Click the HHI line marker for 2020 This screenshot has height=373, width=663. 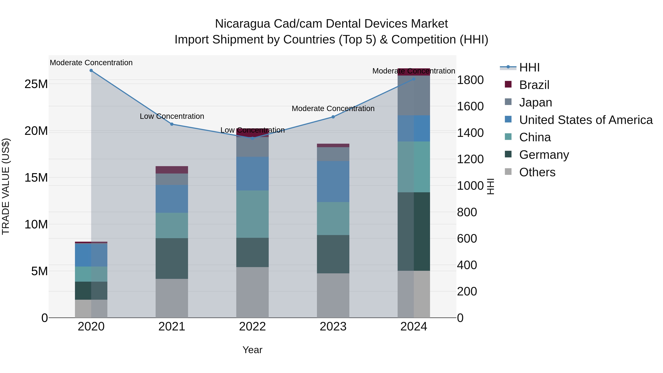[x=91, y=71]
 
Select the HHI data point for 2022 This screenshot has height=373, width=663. [x=252, y=138]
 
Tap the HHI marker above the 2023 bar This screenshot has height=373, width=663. [x=333, y=117]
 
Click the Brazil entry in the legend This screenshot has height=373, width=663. [x=534, y=85]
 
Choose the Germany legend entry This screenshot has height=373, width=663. [x=544, y=155]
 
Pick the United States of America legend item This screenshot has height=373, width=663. [x=585, y=120]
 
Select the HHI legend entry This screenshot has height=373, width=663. [x=529, y=67]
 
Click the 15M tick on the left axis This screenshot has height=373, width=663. [x=36, y=178]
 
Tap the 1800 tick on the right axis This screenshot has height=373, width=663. [x=470, y=80]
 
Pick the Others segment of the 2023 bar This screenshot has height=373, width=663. [x=333, y=295]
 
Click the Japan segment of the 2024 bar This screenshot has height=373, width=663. [x=414, y=95]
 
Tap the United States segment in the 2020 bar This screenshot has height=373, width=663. [x=91, y=255]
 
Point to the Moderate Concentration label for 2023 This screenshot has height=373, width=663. [x=333, y=109]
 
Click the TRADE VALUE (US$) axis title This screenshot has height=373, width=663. [x=6, y=186]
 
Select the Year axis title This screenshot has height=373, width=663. [x=252, y=350]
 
